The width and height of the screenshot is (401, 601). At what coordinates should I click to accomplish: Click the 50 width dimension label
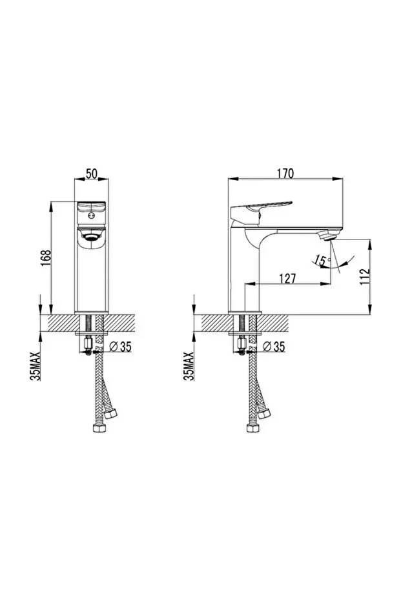coord(91,174)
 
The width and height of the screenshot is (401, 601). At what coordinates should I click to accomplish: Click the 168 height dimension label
coord(46,258)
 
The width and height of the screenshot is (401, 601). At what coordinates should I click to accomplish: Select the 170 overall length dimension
coord(285,174)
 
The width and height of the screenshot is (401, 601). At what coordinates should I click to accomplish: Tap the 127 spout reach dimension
coord(287,278)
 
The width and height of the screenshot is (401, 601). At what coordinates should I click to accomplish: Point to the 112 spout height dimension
coord(365,276)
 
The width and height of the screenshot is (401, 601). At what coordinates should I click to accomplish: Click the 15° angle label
coord(322,261)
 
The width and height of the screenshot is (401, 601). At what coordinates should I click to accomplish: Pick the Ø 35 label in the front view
coord(120,347)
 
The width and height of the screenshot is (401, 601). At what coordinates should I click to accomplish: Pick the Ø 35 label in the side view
coord(274,347)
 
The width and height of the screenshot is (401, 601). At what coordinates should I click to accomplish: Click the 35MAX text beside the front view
coord(36,366)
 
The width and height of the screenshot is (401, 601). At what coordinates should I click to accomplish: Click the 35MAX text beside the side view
coord(189,366)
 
